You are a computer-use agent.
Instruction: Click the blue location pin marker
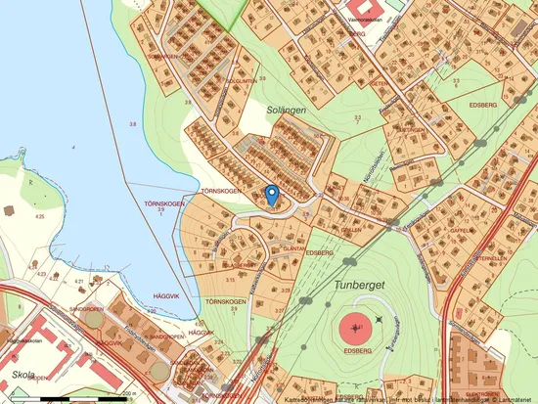273,194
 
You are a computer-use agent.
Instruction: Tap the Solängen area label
286,111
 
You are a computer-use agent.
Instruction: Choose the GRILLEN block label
350,231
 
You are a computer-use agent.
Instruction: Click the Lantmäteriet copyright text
515,398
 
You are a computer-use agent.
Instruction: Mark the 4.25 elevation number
39,215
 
